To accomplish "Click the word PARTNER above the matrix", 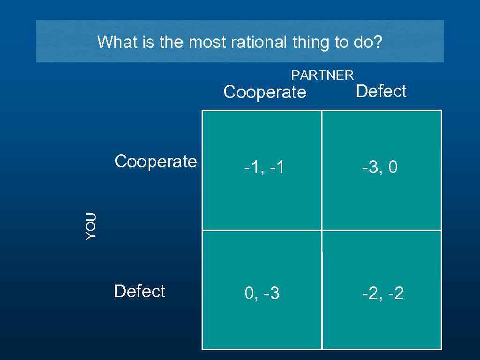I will click(x=322, y=75).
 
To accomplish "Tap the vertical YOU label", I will click(x=91, y=226).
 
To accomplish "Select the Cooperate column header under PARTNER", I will click(x=265, y=92).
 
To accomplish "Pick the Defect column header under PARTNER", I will click(x=381, y=91).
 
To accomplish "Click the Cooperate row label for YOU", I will click(x=156, y=161).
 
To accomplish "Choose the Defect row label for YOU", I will click(x=139, y=291).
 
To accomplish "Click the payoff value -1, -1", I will click(x=263, y=167).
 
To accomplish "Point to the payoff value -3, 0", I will click(x=380, y=167).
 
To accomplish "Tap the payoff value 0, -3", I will click(x=262, y=294).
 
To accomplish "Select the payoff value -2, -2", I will click(x=382, y=294).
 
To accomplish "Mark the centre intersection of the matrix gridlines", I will click(x=322, y=230).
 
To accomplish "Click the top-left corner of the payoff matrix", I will click(x=202, y=111).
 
